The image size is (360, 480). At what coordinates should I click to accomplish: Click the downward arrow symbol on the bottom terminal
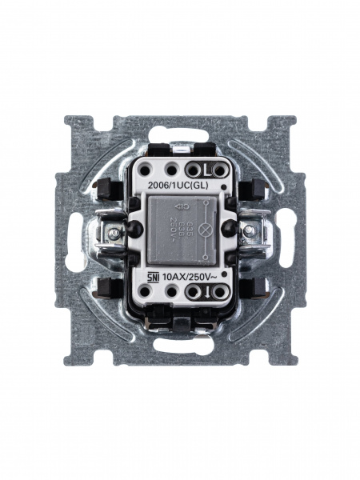click(x=206, y=292)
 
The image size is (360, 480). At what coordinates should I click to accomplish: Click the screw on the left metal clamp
click(x=114, y=233)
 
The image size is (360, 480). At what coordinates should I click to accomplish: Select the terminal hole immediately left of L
click(x=192, y=170)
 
